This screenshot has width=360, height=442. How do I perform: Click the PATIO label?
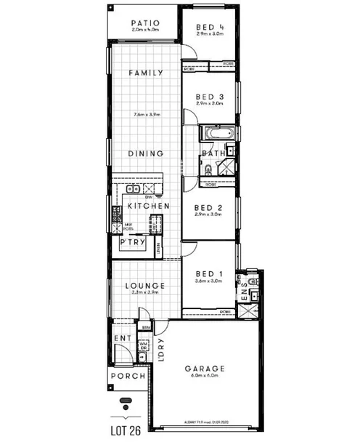pyautogui.click(x=145, y=23)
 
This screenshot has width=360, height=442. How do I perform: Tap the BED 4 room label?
pyautogui.click(x=209, y=29)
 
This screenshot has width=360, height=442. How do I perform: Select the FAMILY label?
pyautogui.click(x=145, y=73)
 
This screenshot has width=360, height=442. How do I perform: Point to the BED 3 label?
pyautogui.click(x=209, y=96)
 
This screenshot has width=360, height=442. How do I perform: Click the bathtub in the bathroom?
pyautogui.click(x=218, y=134)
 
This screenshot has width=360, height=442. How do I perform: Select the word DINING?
pyautogui.click(x=145, y=153)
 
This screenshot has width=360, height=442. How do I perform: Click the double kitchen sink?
pyautogui.click(x=134, y=190)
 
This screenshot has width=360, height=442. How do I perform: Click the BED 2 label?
pyautogui.click(x=209, y=206)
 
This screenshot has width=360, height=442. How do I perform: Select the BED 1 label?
pyautogui.click(x=209, y=274)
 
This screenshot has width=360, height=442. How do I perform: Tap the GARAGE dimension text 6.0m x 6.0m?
pyautogui.click(x=208, y=375)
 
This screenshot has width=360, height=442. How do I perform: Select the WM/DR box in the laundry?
pyautogui.click(x=144, y=347)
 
